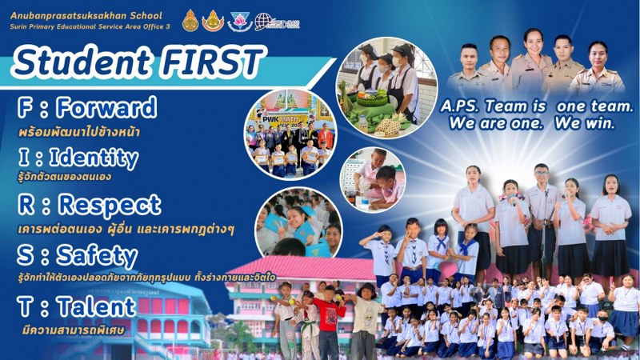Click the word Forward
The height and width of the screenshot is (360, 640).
[x=106, y=107]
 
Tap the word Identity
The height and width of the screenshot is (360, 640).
[x=94, y=158]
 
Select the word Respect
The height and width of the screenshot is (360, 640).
[x=110, y=206]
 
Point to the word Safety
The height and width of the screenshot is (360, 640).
[x=97, y=256]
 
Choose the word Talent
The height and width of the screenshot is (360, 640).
[x=96, y=306]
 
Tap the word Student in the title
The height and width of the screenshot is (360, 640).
[x=82, y=62]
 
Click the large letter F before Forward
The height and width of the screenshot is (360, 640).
[x=26, y=107]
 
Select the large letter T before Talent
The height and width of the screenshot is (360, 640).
[x=25, y=307]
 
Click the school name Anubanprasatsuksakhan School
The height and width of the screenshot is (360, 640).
[x=86, y=16]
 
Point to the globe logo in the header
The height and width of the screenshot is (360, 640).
[x=263, y=22]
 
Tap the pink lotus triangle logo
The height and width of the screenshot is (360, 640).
[x=239, y=22]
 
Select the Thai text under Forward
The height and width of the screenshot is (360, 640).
[x=79, y=132]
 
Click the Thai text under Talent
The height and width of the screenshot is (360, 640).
[x=74, y=329]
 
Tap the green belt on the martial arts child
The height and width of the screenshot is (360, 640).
[x=308, y=327]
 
